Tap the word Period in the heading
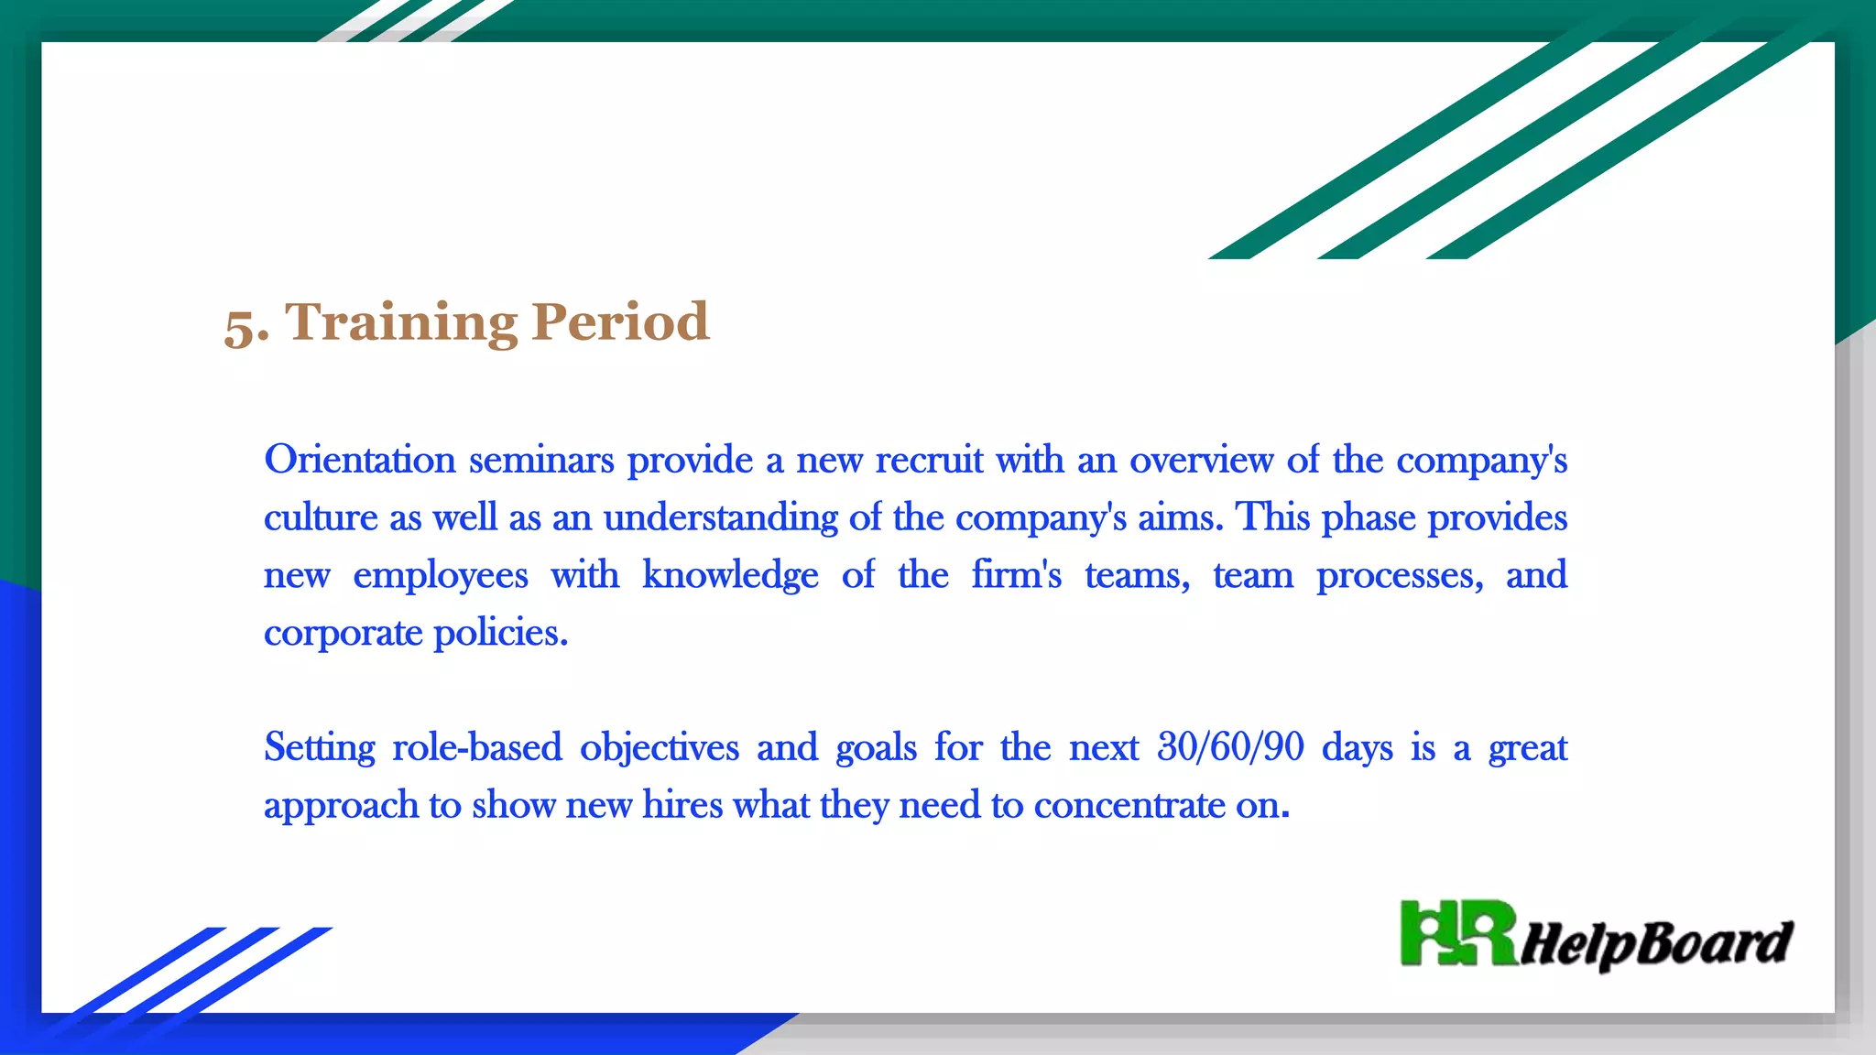tap(620, 322)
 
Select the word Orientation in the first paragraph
tap(360, 460)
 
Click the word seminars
tap(541, 460)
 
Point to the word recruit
tap(929, 460)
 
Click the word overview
tap(1201, 460)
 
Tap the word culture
tap(321, 518)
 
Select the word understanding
tap(720, 518)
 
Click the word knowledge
tap(730, 576)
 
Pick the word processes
tap(1400, 576)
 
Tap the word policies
tap(500, 634)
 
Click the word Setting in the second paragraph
tap(320, 748)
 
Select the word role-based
tap(476, 748)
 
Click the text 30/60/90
tap(1230, 748)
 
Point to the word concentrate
tap(1129, 806)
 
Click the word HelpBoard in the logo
tap(1656, 944)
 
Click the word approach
tap(341, 807)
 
